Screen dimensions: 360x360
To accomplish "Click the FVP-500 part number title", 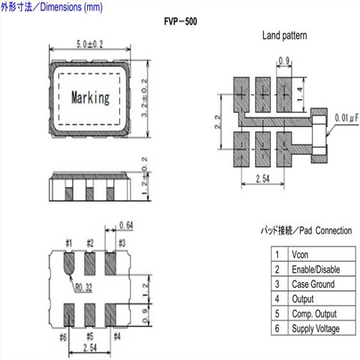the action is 181,22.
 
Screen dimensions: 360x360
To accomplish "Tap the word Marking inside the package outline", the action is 91,97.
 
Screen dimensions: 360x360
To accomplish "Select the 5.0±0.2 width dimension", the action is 89,44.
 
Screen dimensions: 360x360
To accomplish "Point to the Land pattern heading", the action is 284,35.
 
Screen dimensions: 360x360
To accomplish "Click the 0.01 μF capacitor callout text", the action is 346,118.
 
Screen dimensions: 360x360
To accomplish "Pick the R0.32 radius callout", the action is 84,288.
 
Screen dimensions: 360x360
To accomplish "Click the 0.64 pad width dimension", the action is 126,226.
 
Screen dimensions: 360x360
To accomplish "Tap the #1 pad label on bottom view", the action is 69,243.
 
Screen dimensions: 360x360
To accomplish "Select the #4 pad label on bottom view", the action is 117,337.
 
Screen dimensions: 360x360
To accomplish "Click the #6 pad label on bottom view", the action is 63,337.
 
